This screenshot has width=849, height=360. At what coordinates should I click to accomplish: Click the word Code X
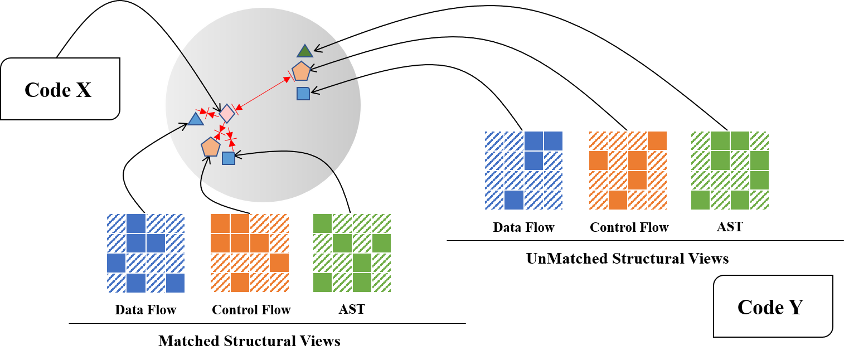point(58,90)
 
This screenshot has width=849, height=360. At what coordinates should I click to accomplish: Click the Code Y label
point(770,307)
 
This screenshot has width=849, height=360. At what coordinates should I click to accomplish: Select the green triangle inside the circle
point(304,51)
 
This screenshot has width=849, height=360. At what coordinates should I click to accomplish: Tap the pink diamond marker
point(227,113)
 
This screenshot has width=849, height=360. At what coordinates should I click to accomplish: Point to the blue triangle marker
point(195,119)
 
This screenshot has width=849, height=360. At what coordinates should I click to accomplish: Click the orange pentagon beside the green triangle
point(301,71)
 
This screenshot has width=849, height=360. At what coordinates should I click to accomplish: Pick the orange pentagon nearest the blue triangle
point(210,147)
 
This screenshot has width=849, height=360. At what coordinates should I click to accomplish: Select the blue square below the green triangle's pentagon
point(303,94)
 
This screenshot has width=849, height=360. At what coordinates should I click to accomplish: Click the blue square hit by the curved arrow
point(228,158)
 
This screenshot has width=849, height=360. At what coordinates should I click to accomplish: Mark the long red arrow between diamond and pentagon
point(263,93)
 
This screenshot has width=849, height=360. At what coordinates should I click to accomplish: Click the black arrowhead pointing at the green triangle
point(317,50)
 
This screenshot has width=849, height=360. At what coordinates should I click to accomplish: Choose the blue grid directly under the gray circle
point(145,253)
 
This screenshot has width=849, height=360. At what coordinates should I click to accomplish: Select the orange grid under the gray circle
point(250,253)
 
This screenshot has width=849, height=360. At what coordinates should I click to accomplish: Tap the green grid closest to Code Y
point(730,171)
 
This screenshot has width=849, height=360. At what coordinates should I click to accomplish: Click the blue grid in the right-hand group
point(523,171)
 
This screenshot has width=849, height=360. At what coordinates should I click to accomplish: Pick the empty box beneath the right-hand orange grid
point(629,227)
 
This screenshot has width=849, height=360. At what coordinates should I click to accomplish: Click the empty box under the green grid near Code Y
point(730,227)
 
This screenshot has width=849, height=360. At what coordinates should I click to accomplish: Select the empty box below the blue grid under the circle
point(145,309)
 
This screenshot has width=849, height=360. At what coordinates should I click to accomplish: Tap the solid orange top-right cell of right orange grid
point(657,140)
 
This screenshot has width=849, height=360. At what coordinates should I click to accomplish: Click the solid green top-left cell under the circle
point(322,223)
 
